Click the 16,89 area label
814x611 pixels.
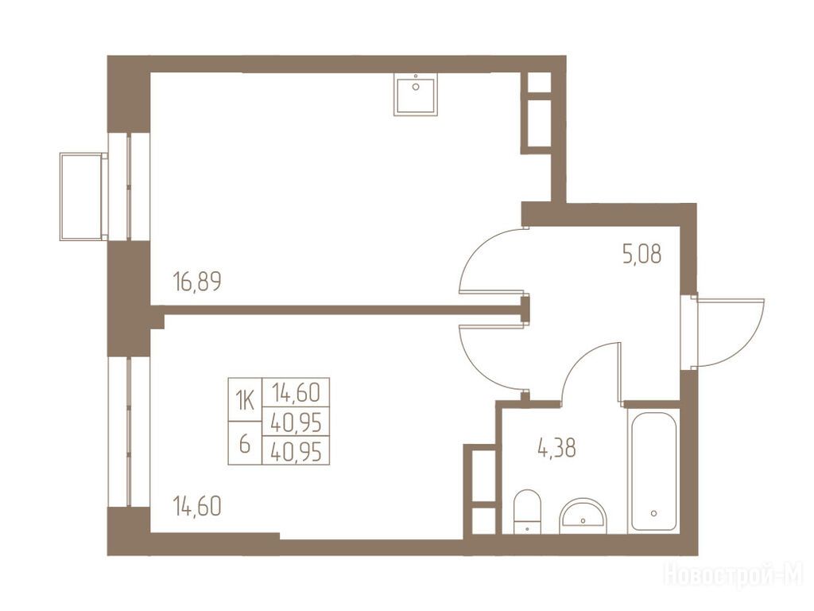tap(197, 282)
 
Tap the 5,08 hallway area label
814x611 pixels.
tap(642, 255)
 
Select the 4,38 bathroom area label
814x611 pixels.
tap(556, 448)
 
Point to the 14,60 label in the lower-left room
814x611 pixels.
tap(197, 506)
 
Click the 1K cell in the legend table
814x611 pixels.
tap(245, 400)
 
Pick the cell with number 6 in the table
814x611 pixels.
tap(245, 443)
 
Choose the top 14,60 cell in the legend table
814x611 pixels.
tap(296, 392)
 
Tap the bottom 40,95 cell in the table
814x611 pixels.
tap(296, 451)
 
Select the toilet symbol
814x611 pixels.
tap(527, 512)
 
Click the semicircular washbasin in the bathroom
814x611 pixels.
tap(583, 516)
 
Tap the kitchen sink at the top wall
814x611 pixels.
tap(415, 94)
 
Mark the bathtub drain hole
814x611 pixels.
tap(653, 513)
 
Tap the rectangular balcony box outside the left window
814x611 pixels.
tap(83, 197)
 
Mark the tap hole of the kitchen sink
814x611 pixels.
tap(416, 87)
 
